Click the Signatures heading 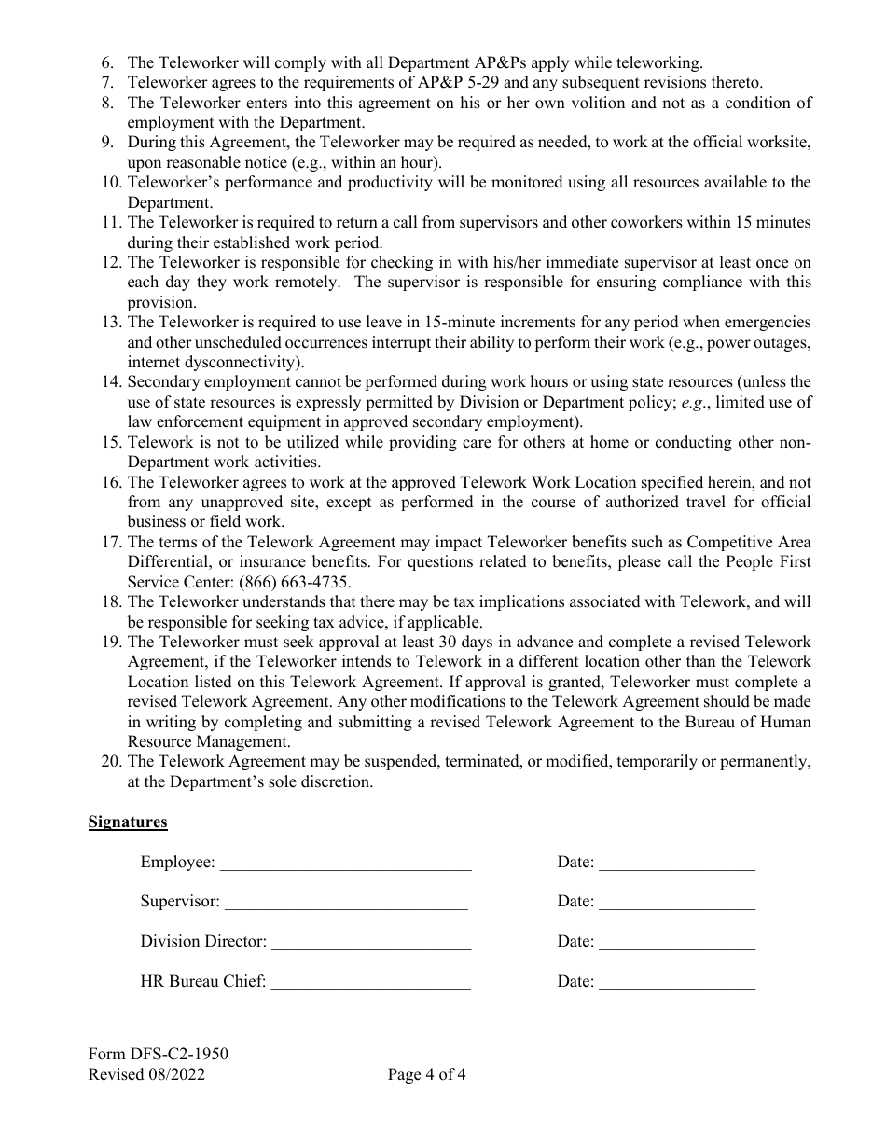pyautogui.click(x=128, y=822)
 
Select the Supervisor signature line pyautogui.click(x=346, y=905)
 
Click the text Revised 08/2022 pyautogui.click(x=146, y=1074)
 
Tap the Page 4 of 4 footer pyautogui.click(x=427, y=1074)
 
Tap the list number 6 pyautogui.click(x=107, y=63)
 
